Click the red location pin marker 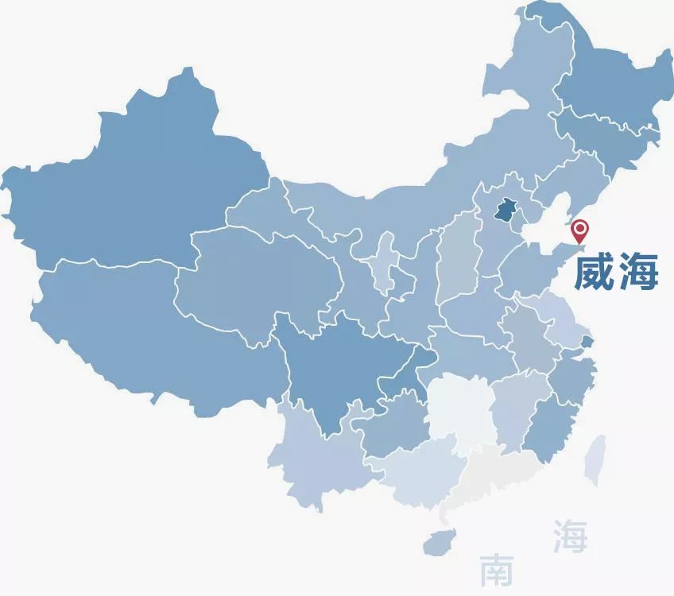click(581, 231)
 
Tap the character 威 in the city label click(595, 272)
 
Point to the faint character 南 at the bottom click(498, 570)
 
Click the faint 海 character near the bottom click(570, 536)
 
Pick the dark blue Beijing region click(503, 211)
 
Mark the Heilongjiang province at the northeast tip click(604, 87)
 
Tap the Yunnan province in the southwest click(310, 461)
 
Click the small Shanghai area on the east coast click(587, 343)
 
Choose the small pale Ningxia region click(387, 258)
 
